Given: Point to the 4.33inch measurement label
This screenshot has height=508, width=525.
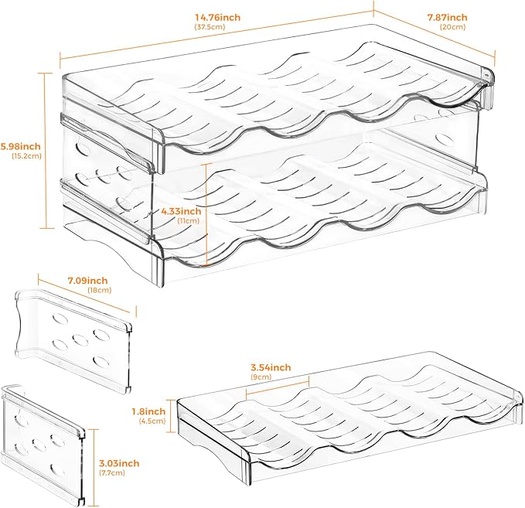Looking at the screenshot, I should tap(180, 210).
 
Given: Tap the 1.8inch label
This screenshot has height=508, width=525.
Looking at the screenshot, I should tap(148, 411).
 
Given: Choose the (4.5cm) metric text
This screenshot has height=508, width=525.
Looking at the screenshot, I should tap(149, 422).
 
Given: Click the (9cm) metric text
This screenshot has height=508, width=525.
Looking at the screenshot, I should tap(260, 378).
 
